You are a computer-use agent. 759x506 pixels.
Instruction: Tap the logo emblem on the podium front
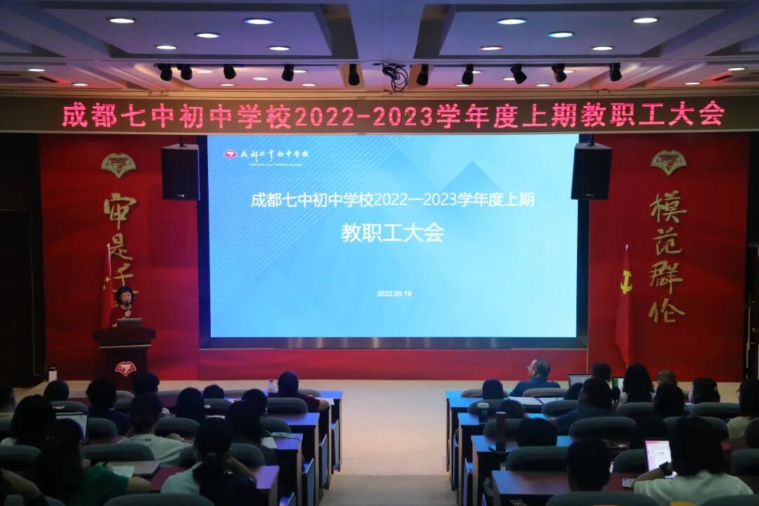click(x=125, y=368)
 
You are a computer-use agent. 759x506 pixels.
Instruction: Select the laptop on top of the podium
click(x=129, y=323)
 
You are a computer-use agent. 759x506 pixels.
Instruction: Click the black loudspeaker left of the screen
click(x=180, y=172)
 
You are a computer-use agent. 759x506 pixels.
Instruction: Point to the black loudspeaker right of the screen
click(x=590, y=171)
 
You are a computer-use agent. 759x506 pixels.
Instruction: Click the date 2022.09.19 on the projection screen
click(x=394, y=294)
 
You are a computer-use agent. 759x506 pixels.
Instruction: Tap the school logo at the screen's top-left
click(x=231, y=154)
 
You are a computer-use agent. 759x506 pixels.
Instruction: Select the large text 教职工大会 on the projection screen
click(x=392, y=233)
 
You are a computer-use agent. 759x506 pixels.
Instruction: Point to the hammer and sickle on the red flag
click(x=625, y=282)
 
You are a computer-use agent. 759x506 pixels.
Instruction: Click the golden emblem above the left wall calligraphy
click(x=118, y=164)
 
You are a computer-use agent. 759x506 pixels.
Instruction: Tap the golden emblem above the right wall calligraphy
click(x=668, y=162)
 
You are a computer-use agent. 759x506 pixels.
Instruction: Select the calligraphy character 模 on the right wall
click(x=668, y=207)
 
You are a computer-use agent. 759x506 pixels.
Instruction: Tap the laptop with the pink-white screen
click(x=657, y=455)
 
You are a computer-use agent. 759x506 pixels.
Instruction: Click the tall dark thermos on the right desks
click(x=500, y=430)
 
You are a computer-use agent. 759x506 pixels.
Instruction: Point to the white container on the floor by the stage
click(x=52, y=374)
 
